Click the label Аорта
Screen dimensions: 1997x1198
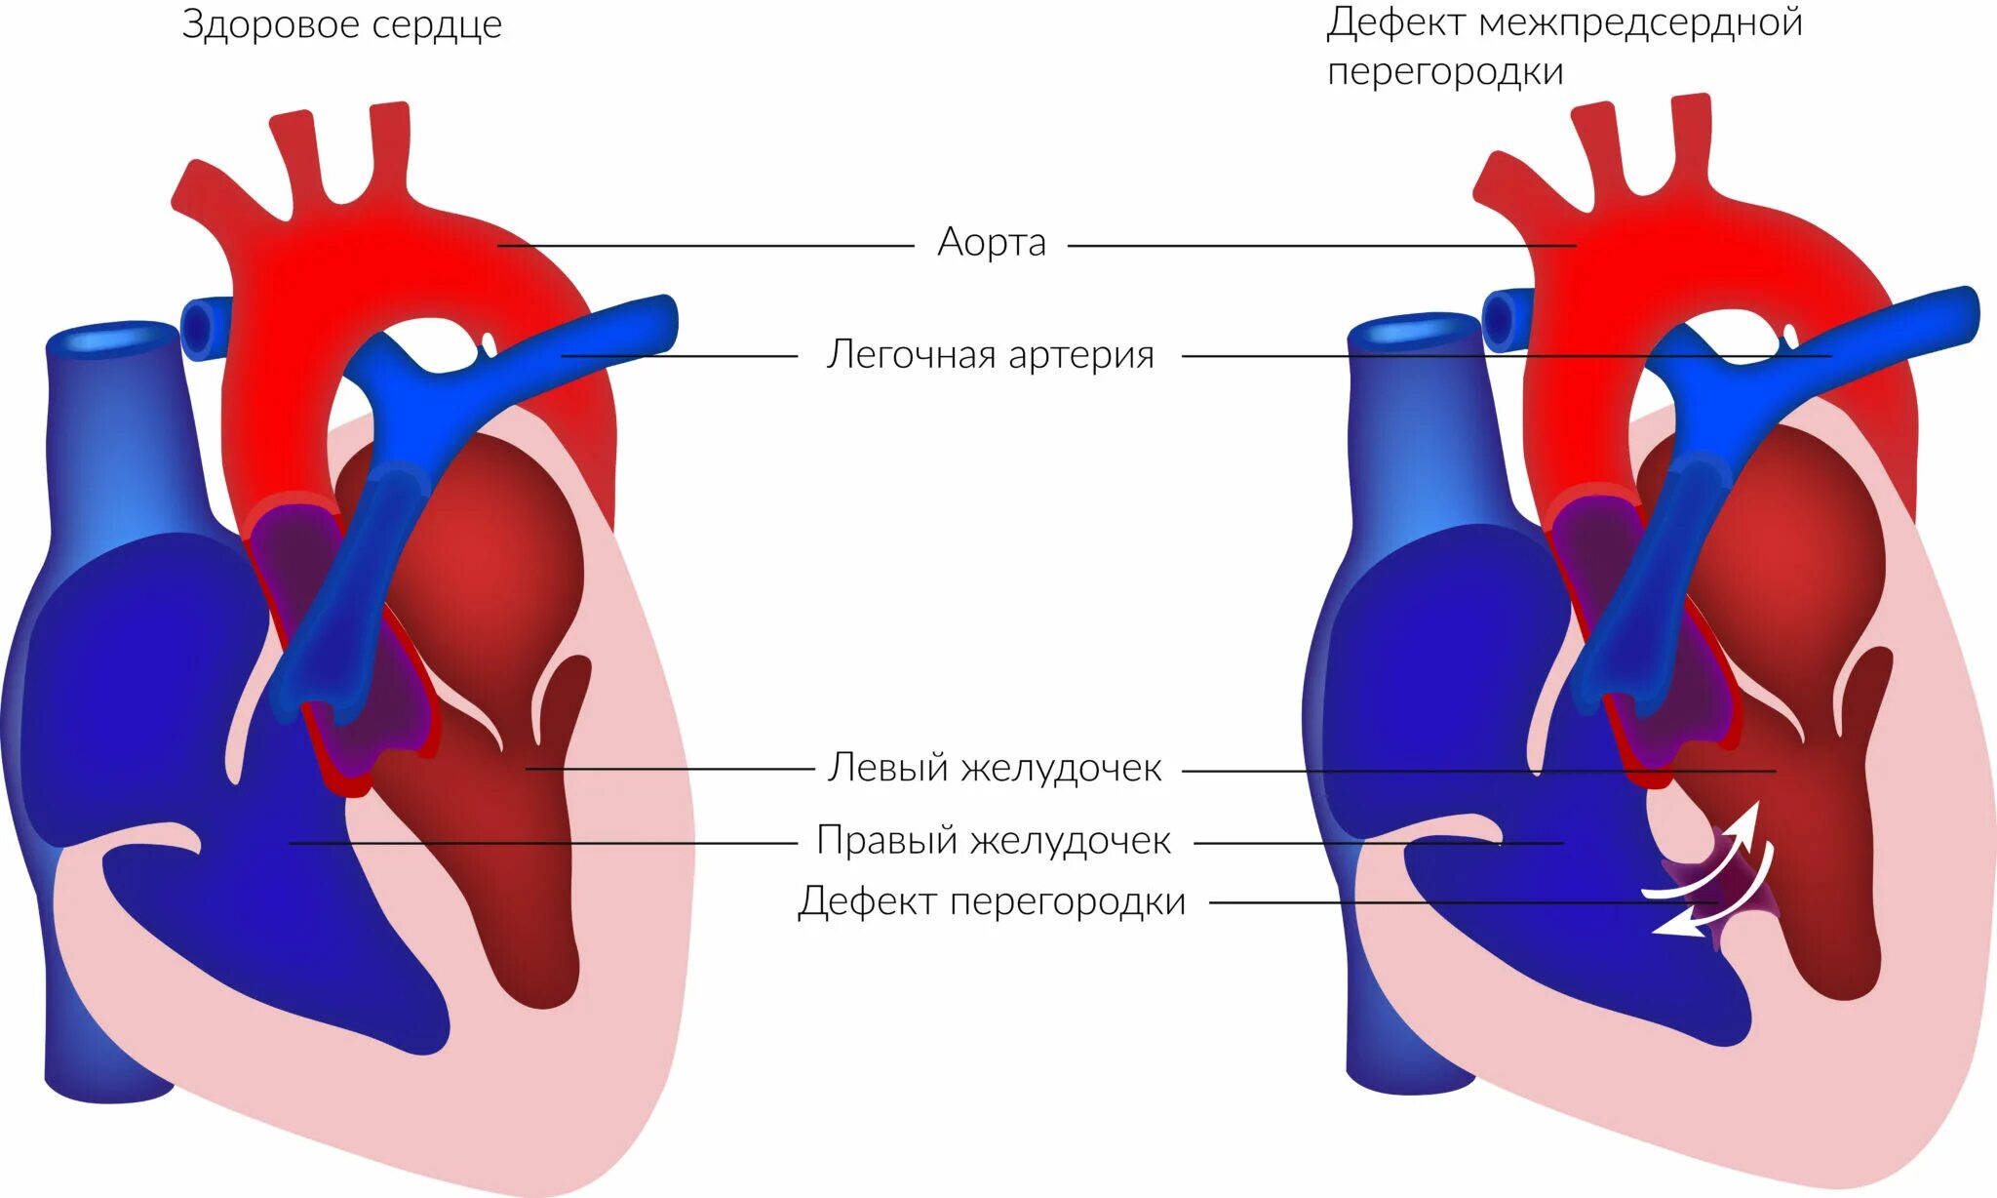click(x=992, y=242)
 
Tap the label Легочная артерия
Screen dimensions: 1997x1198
click(x=990, y=355)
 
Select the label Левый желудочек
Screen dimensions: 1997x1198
click(x=995, y=769)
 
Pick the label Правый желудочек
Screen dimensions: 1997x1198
click(x=994, y=841)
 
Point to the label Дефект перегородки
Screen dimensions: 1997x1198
click(x=992, y=902)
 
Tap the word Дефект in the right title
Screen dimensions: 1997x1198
click(x=1395, y=23)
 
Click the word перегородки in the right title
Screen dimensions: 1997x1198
click(x=1445, y=72)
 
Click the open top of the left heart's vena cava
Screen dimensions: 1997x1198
click(x=113, y=338)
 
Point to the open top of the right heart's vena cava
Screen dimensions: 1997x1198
click(x=1412, y=330)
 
